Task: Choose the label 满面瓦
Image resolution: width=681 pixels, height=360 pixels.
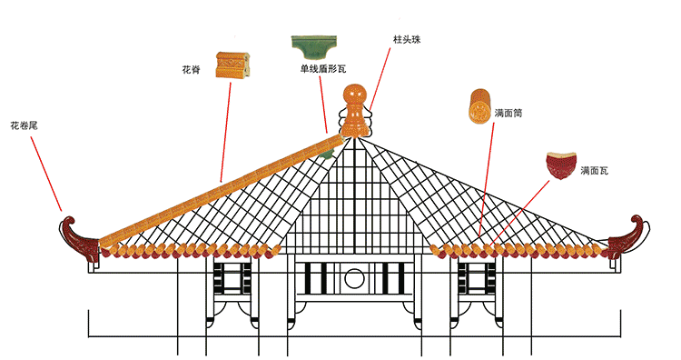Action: (x=594, y=170)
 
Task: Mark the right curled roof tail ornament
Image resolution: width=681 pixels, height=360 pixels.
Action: (x=630, y=235)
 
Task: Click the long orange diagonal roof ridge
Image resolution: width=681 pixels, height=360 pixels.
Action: (x=218, y=185)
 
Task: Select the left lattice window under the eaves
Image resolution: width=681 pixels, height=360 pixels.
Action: (x=233, y=278)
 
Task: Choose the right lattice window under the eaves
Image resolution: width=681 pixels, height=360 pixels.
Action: (x=475, y=278)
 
